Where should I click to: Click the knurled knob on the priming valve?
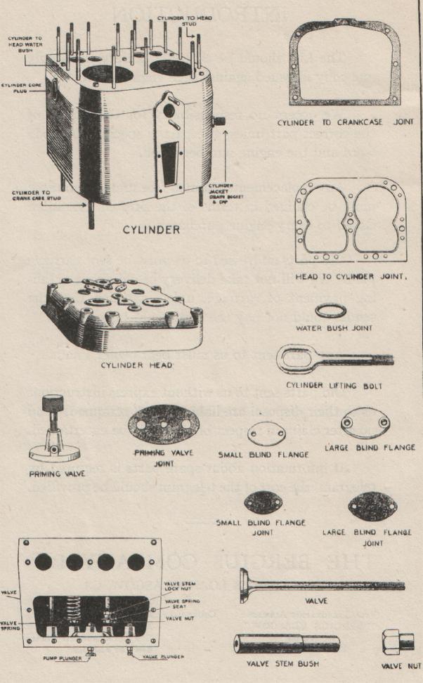(52, 406)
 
